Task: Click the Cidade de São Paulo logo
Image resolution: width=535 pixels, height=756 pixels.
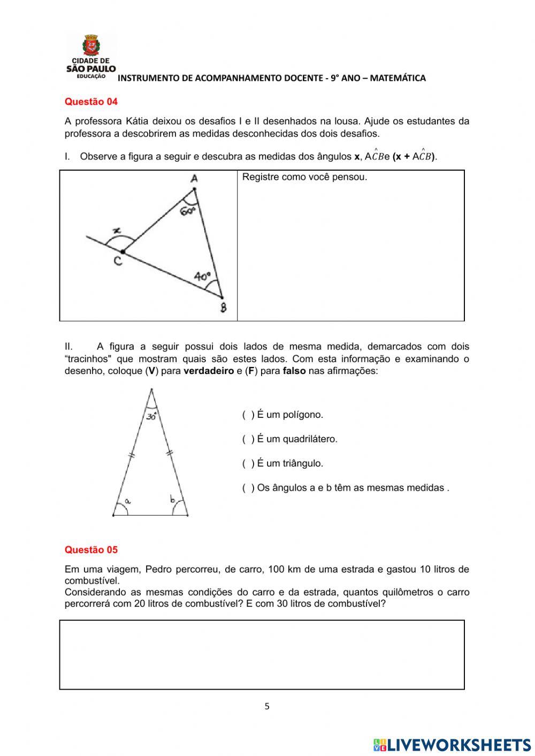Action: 91,57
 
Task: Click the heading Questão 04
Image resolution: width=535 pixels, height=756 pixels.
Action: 91,102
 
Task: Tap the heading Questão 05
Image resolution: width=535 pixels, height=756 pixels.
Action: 91,549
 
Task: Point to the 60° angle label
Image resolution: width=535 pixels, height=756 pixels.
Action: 188,211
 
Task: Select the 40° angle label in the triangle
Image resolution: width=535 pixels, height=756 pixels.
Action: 203,277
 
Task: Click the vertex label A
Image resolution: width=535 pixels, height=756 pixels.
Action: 194,179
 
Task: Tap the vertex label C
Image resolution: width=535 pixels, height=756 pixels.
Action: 117,261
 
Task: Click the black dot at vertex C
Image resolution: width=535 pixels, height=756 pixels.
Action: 123,251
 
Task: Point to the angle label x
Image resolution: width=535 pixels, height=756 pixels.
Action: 116,231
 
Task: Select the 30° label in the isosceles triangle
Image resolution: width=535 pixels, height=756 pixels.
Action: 151,416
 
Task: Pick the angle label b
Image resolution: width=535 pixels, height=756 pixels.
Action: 173,500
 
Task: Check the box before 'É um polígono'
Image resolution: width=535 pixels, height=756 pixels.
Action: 248,415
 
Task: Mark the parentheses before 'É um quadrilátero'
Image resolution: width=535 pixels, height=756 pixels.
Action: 248,439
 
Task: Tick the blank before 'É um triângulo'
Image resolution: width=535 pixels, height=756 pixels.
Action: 248,463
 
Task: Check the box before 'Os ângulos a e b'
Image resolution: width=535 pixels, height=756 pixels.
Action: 248,487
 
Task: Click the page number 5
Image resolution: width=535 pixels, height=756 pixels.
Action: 267,706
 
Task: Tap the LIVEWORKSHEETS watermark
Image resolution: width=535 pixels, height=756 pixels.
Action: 452,744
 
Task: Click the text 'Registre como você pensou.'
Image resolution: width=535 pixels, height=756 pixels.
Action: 304,177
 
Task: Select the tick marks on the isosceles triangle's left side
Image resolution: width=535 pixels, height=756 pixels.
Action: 132,455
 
